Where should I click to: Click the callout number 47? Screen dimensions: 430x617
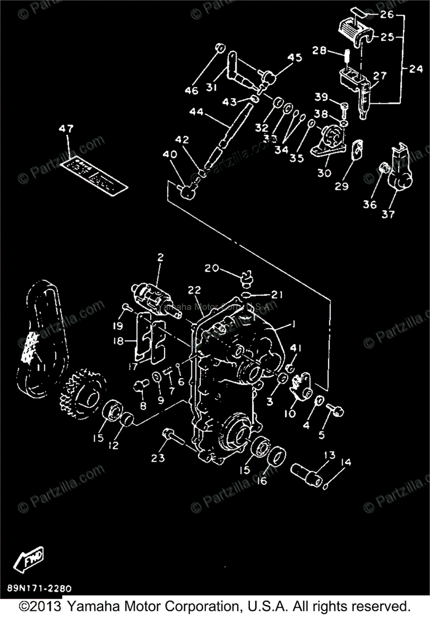(65, 129)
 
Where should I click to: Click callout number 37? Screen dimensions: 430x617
(388, 214)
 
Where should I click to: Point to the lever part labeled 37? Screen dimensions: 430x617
(400, 172)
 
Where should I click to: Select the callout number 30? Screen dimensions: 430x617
(324, 173)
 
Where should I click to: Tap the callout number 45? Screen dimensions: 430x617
(295, 58)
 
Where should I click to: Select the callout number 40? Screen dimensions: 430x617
(169, 155)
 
